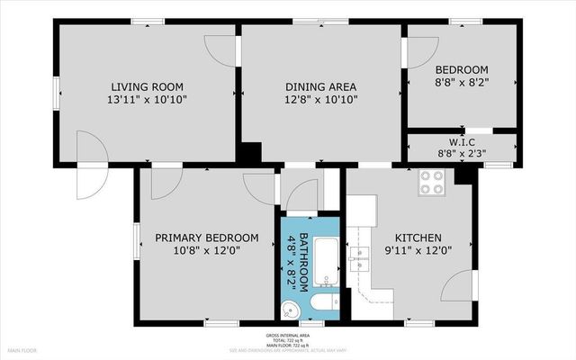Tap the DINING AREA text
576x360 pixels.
320,86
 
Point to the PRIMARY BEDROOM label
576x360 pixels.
206,238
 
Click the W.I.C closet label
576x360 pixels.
462,142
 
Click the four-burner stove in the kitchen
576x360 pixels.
432,183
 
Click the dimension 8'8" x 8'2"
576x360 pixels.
462,85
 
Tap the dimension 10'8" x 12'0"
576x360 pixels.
206,253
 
